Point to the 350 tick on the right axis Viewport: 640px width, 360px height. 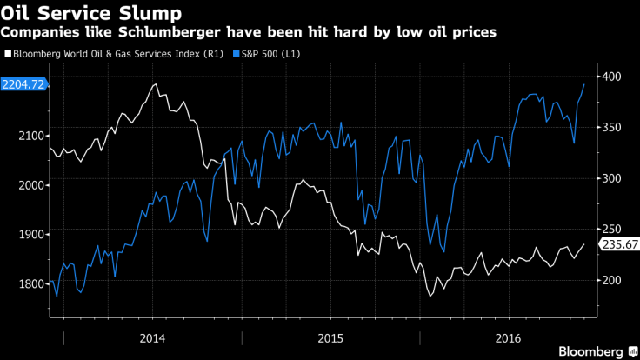tap(611, 128)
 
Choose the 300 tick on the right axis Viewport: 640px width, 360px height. tap(611, 178)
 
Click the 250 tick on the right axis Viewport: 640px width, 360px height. tap(611, 229)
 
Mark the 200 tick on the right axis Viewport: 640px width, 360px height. tap(611, 280)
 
